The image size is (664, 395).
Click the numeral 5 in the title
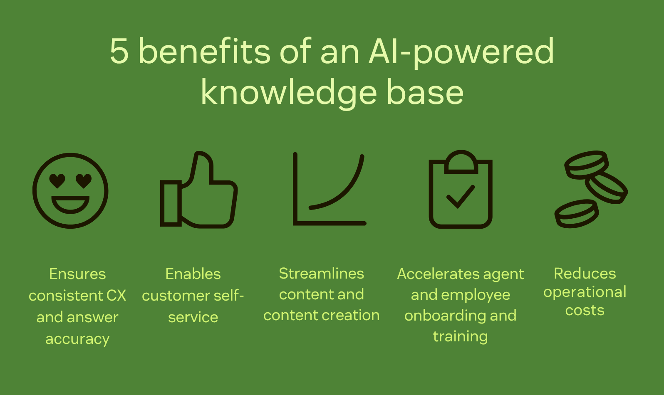click(119, 51)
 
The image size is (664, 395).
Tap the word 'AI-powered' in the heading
click(461, 52)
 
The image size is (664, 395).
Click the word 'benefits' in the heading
click(204, 51)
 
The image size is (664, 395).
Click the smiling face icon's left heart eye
click(57, 181)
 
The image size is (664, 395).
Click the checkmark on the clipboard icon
click(460, 196)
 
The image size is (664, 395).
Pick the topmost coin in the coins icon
click(586, 164)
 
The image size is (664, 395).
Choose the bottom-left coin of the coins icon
click(576, 213)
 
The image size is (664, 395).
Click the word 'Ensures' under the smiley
click(77, 274)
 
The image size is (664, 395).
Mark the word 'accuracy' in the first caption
click(77, 339)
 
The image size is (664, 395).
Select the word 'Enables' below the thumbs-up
click(193, 274)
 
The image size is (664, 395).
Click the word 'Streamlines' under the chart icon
click(321, 274)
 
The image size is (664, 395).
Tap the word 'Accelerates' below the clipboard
click(433, 274)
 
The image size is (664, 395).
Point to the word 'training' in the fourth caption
click(460, 336)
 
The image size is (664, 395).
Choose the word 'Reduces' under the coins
click(585, 274)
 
